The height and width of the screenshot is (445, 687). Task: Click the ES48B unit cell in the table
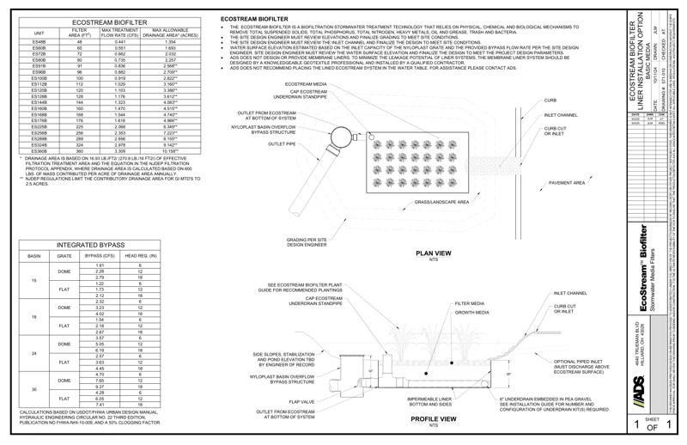[39, 41]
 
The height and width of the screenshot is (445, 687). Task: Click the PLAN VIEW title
[433, 254]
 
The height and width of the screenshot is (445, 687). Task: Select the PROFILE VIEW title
[433, 422]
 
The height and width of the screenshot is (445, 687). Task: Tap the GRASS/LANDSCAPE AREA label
[441, 202]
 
